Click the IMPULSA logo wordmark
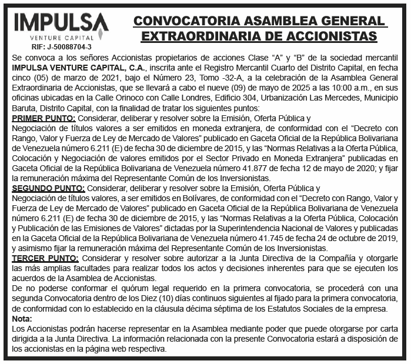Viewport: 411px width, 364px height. click(x=61, y=22)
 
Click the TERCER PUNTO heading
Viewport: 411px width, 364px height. click(x=44, y=258)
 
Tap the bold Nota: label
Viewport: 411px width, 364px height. click(x=22, y=319)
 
